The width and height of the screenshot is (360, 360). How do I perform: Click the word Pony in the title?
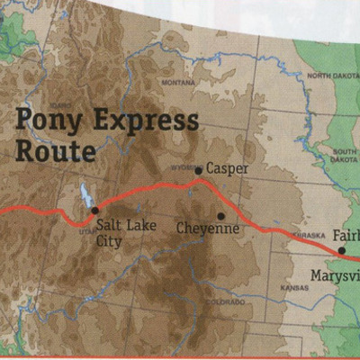(x=49, y=121)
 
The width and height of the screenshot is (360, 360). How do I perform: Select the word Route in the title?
(x=54, y=149)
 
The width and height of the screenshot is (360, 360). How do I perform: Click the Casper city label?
(x=227, y=168)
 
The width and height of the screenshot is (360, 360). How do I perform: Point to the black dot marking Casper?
(x=199, y=169)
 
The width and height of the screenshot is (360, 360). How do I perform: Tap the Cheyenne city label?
(x=208, y=229)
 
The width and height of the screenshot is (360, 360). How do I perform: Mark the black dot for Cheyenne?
(x=220, y=215)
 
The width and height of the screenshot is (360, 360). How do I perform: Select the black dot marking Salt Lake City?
(x=94, y=210)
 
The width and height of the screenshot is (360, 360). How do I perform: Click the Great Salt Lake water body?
(x=85, y=194)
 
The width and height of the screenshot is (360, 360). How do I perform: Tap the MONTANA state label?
(x=176, y=82)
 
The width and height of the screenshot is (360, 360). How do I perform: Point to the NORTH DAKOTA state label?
(x=332, y=76)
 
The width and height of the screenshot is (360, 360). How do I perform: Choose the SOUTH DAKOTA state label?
(x=344, y=155)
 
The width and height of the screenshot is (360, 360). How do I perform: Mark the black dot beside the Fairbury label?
(x=341, y=250)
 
